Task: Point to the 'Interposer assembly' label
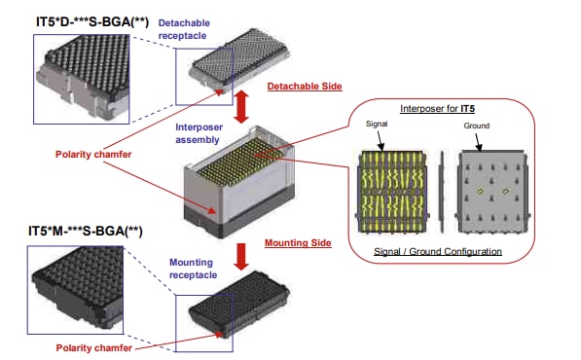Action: (x=203, y=133)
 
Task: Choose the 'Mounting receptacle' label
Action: (x=195, y=268)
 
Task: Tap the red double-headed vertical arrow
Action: (x=242, y=105)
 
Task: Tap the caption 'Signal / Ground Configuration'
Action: (x=437, y=251)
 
